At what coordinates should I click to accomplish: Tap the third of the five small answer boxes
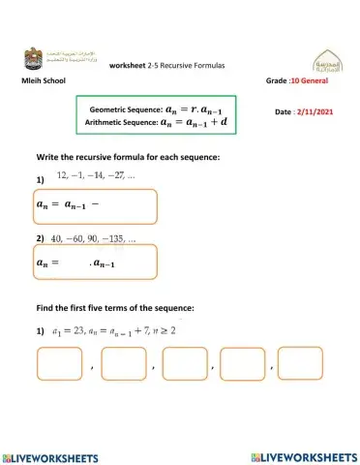pos(185,363)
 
